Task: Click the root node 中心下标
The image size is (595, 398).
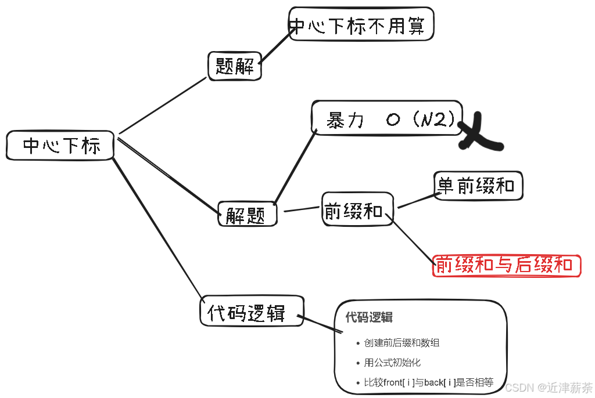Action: pyautogui.click(x=60, y=145)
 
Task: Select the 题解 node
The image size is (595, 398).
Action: pyautogui.click(x=235, y=66)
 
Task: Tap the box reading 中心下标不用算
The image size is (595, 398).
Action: pyautogui.click(x=360, y=24)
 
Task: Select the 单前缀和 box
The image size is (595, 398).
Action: pyautogui.click(x=478, y=186)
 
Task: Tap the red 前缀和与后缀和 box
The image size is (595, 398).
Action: pyautogui.click(x=506, y=265)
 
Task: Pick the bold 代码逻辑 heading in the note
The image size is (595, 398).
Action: pyautogui.click(x=369, y=317)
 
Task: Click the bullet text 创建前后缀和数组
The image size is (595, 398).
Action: pyautogui.click(x=402, y=343)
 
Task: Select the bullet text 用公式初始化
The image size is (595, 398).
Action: pyautogui.click(x=392, y=363)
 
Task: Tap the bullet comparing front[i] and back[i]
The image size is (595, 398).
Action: pyautogui.click(x=429, y=382)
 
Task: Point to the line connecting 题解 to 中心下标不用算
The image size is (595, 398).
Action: pyautogui.click(x=276, y=46)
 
